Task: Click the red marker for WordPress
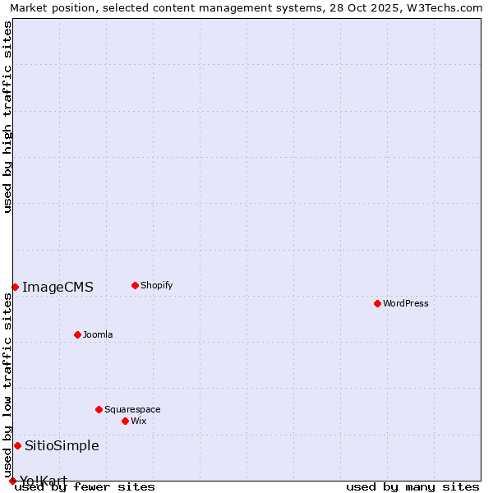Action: pos(377,303)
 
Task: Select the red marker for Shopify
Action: pos(135,285)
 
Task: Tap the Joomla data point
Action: pos(77,334)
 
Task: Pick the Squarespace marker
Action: pos(99,409)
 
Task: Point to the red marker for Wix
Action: pos(125,421)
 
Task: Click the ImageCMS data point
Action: pos(15,287)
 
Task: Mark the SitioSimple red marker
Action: pos(17,445)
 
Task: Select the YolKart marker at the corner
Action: pos(12,481)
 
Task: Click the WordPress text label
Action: pos(406,303)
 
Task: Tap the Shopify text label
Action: pos(156,285)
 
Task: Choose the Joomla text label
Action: pos(98,334)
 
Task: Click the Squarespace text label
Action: pos(132,409)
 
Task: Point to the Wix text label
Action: pos(138,421)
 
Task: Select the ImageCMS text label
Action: pos(58,287)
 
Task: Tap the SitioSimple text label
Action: pos(62,445)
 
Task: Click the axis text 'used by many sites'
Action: pos(412,487)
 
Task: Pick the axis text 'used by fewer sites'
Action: pos(85,487)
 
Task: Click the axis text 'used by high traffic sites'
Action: pos(7,117)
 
